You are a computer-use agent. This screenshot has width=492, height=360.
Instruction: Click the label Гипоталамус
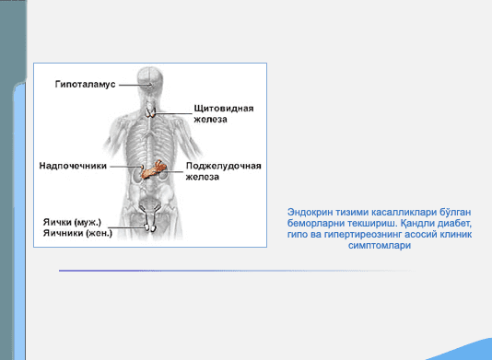(x=86, y=85)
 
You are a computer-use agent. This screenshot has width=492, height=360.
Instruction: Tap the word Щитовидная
(x=224, y=109)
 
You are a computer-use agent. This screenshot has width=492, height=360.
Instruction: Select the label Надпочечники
(x=73, y=166)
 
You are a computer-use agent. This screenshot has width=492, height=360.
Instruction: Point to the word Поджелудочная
(x=224, y=166)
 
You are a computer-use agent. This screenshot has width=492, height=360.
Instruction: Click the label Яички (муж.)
(x=72, y=222)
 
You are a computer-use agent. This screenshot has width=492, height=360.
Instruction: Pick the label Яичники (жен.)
(x=77, y=233)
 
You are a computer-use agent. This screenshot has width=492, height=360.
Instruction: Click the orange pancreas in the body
(x=153, y=169)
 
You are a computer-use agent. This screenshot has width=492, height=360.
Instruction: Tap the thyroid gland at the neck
(x=150, y=112)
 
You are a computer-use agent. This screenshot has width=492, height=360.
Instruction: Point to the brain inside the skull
(x=150, y=78)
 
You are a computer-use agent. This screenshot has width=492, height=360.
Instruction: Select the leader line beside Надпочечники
(x=125, y=167)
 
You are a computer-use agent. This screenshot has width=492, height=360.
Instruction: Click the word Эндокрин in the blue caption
(x=310, y=213)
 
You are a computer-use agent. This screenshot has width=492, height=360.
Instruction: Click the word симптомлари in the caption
(x=380, y=245)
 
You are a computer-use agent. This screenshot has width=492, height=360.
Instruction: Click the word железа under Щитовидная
(x=210, y=120)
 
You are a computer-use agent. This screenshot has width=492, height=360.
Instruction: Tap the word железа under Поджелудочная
(x=203, y=177)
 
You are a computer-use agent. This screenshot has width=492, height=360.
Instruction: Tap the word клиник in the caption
(x=456, y=235)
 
